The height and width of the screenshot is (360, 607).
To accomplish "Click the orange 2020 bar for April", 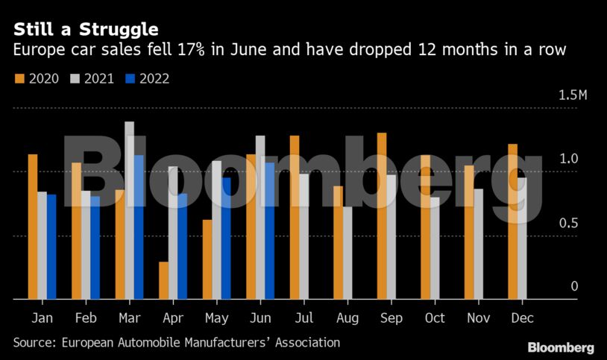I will [163, 280].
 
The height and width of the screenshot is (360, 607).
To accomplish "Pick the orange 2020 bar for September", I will [382, 216].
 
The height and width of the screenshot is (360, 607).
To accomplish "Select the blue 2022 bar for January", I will [51, 247].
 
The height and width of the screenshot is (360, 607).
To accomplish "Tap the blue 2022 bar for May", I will [226, 238].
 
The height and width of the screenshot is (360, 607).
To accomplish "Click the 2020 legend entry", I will [38, 78].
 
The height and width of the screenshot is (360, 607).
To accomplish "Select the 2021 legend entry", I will [92, 78].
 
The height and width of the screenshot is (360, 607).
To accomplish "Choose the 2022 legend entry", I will [148, 78].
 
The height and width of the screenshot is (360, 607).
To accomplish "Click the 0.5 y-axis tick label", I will [570, 223].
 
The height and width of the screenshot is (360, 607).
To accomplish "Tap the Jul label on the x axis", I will [303, 318].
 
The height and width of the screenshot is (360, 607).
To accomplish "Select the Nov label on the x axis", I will [478, 318].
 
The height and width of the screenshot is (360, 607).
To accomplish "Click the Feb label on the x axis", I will [86, 318].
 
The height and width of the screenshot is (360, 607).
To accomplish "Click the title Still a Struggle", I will [85, 30].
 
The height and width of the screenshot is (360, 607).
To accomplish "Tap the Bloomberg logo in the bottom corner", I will [561, 347].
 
